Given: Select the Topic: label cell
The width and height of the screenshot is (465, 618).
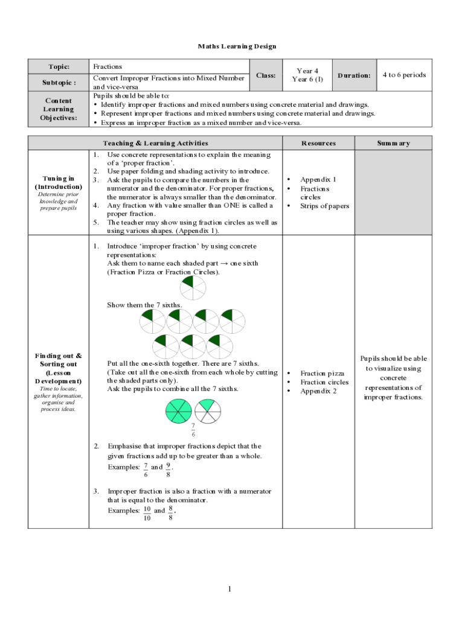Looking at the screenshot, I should point(59,66).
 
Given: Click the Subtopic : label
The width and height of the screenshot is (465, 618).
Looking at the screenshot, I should point(59,82).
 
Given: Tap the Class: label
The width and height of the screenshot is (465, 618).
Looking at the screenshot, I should point(266,75).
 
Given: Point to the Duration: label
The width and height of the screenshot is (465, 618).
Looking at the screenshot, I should point(354,75).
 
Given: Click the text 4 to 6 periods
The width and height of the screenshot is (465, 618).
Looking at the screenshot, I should point(404,75).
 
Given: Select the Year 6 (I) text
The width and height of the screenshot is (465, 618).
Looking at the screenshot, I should point(307,79).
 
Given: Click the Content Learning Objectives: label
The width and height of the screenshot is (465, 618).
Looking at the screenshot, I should point(59,109).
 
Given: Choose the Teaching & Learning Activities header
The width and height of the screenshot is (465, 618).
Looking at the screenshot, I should point(155,143).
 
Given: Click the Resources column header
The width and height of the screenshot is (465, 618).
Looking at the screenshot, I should point(318,143).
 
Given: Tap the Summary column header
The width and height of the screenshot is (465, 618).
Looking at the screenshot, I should point(393,143).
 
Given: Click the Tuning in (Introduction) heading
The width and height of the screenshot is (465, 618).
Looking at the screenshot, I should point(59,182).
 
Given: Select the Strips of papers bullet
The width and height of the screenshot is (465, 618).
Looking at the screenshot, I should point(324,206).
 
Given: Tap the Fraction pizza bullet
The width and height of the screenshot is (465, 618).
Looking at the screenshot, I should point(322,373).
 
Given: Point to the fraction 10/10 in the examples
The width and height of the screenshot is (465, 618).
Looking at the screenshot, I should point(146,514).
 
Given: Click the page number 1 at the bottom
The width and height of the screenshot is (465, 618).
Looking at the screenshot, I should point(230,588).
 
